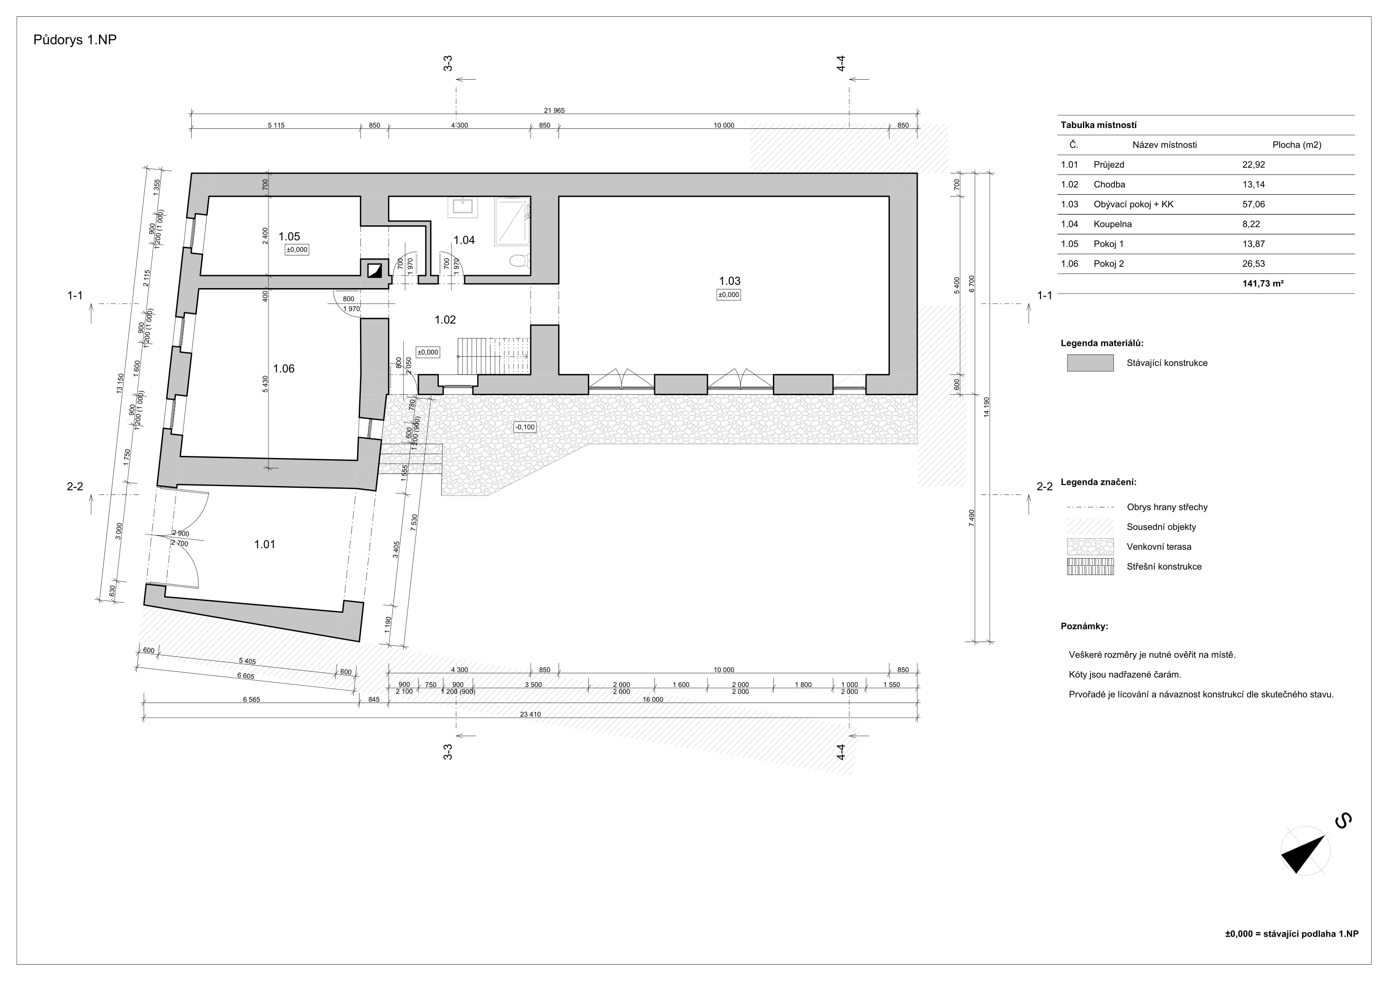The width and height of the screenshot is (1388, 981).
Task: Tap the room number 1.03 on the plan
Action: (729, 281)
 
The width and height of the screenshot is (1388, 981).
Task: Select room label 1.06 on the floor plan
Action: (284, 369)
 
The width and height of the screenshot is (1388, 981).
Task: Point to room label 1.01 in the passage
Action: (265, 544)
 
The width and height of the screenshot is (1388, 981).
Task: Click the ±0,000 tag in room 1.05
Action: (297, 250)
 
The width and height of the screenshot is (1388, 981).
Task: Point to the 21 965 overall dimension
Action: (554, 111)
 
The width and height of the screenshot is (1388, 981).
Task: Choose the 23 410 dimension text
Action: (530, 714)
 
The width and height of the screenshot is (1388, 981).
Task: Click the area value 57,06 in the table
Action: (1253, 204)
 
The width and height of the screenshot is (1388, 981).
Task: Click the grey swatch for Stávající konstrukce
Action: (1090, 363)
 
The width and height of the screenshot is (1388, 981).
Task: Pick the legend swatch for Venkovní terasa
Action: (1090, 547)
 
